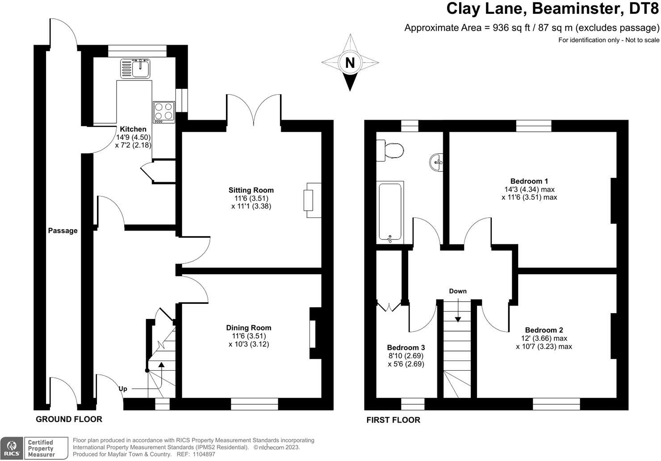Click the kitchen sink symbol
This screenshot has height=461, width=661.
pyautogui.click(x=135, y=68)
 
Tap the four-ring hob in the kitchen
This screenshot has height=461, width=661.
pyautogui.click(x=164, y=112)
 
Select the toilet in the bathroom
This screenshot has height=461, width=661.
pyautogui.click(x=389, y=151)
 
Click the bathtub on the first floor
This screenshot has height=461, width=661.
pyautogui.click(x=390, y=212)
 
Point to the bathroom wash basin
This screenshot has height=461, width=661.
pyautogui.click(x=436, y=162)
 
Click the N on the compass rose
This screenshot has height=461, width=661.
pyautogui.click(x=350, y=63)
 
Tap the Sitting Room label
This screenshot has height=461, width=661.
pyautogui.click(x=251, y=190)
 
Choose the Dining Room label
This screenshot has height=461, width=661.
pyautogui.click(x=249, y=327)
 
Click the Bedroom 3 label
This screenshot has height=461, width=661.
pyautogui.click(x=406, y=348)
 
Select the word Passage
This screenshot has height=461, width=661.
pyautogui.click(x=63, y=231)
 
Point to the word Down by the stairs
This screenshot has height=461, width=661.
pyautogui.click(x=458, y=291)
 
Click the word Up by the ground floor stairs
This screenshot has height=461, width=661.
pyautogui.click(x=123, y=389)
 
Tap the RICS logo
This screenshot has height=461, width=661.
pyautogui.click(x=12, y=448)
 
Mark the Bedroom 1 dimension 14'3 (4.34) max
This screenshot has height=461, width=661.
pyautogui.click(x=529, y=189)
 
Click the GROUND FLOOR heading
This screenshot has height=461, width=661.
pyautogui.click(x=69, y=419)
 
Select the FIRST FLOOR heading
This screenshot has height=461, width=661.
pyautogui.click(x=393, y=420)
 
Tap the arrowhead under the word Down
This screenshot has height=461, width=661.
pyautogui.click(x=458, y=319)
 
